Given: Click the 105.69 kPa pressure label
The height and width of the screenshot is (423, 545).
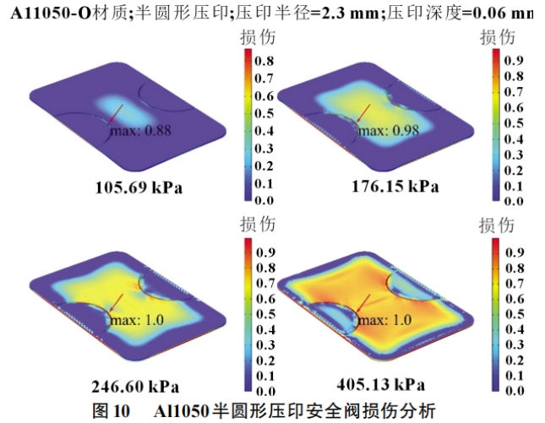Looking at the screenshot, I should [x=138, y=187].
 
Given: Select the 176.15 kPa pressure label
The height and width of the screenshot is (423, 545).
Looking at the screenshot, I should [x=395, y=187].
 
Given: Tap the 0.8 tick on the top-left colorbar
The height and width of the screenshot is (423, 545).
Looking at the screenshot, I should [x=264, y=61].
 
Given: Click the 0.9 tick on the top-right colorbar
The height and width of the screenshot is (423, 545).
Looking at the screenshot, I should [x=514, y=61].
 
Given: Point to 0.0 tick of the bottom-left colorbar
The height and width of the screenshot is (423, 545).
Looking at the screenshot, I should [x=264, y=392].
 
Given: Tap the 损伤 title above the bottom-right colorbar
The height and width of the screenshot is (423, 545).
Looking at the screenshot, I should [x=496, y=225].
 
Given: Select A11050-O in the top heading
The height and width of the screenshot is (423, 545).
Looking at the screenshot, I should [x=50, y=14].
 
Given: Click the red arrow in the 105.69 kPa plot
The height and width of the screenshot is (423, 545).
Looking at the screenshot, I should [x=116, y=115].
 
